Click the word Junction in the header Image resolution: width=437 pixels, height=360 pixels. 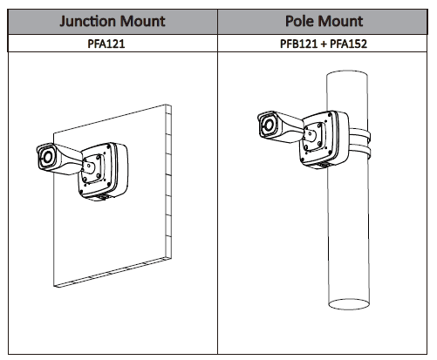pos(87,21)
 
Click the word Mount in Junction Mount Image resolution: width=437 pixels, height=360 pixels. pos(142,21)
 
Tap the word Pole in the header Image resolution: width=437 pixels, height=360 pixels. pos(298,21)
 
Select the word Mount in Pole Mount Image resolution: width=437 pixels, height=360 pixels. pos(339,21)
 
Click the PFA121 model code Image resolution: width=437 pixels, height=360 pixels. pos(106,44)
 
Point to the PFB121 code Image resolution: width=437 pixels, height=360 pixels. pos(298,44)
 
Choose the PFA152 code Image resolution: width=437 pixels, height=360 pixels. pos(349,44)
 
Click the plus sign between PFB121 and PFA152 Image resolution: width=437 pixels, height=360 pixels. pos(324,44)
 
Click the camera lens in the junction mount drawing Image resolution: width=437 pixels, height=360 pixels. pos(47,158)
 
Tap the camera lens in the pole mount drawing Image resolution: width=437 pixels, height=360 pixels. pos(269,126)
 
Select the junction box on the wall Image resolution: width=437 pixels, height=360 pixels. pos(103,171)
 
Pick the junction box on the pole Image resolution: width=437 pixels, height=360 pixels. pos(324,139)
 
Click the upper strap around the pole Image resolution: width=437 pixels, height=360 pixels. pos(360,135)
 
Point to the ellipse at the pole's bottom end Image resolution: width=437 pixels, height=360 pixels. pos(349,304)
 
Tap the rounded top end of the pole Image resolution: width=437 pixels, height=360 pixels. pos(347,72)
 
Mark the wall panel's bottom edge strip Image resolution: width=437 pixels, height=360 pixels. pos(113,272)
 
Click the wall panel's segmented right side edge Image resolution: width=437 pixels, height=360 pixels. pos(168,181)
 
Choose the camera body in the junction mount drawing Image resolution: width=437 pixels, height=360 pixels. pos(59,159)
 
